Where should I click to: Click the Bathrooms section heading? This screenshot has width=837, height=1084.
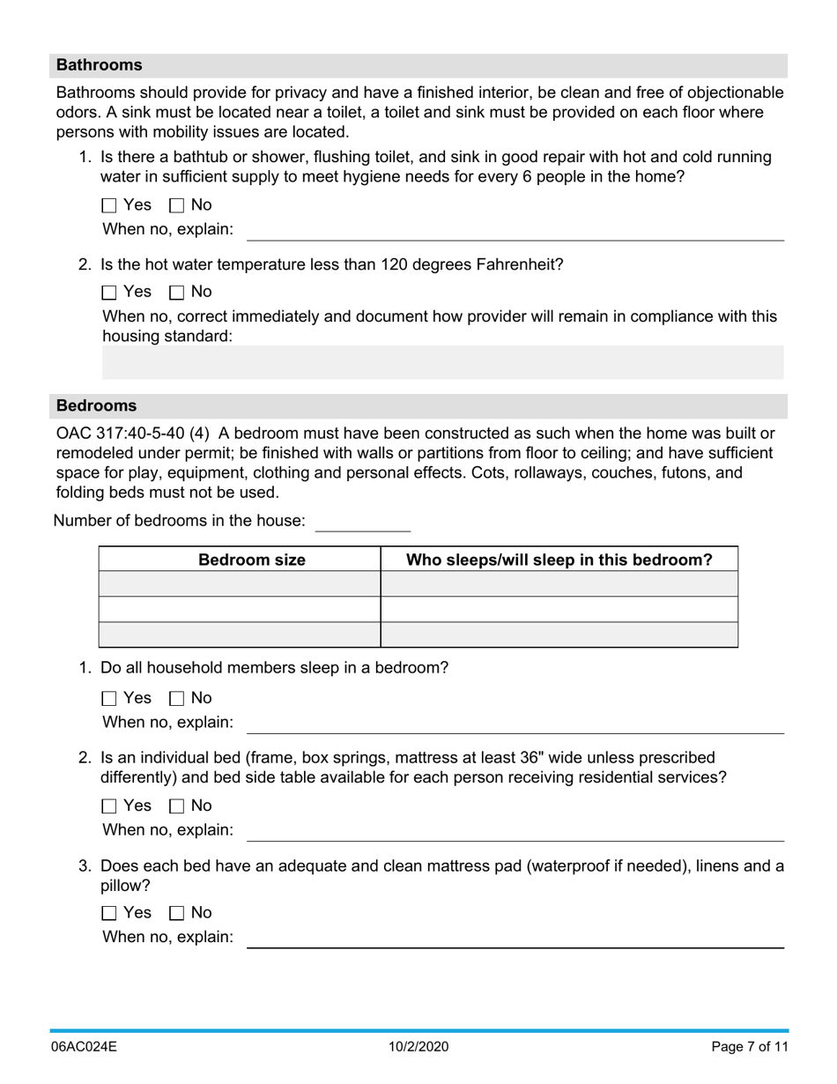(99, 65)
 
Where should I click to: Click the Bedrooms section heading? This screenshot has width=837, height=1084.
(96, 405)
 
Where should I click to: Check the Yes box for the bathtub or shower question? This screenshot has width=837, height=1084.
(109, 205)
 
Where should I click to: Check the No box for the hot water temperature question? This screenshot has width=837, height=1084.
(176, 292)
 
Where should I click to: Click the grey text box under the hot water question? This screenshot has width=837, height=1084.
(442, 362)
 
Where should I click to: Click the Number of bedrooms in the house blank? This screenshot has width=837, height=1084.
(362, 521)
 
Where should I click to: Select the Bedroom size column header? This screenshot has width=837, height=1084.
(251, 560)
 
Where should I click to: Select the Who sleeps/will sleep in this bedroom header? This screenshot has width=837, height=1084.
(559, 560)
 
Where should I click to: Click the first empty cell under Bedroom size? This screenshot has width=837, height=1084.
(239, 583)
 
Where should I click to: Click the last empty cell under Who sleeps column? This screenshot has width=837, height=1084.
(559, 635)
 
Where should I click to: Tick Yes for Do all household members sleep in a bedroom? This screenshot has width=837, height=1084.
(109, 699)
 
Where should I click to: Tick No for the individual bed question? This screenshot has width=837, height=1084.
(176, 806)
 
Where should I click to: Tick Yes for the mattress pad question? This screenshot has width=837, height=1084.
(109, 913)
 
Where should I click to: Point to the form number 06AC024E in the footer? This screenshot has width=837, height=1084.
(84, 1047)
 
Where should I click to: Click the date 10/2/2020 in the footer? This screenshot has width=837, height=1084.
(418, 1047)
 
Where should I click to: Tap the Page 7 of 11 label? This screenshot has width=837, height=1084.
(749, 1047)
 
